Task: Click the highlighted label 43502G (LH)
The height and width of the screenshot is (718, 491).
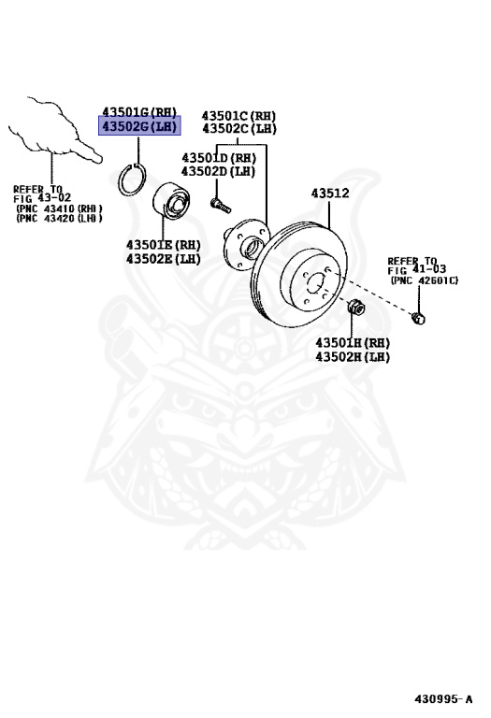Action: click(x=139, y=126)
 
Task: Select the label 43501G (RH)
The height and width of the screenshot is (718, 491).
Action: click(x=139, y=112)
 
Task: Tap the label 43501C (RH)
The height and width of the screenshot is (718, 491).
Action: click(x=238, y=115)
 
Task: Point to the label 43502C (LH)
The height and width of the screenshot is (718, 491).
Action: click(x=239, y=129)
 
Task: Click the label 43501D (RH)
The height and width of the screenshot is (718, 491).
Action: click(x=219, y=158)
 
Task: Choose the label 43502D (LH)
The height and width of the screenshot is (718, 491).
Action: click(x=218, y=171)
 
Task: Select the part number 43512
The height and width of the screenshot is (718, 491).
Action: click(x=330, y=194)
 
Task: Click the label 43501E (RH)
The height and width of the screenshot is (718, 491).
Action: click(x=164, y=245)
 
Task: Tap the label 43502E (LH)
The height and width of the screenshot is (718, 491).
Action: click(x=164, y=259)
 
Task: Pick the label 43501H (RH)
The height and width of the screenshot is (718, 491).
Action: click(x=353, y=342)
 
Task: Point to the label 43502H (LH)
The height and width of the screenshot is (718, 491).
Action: click(x=353, y=357)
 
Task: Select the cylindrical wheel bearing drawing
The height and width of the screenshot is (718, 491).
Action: click(x=172, y=205)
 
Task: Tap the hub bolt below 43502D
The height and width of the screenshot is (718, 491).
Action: click(x=221, y=205)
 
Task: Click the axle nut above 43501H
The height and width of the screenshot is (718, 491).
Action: click(x=355, y=307)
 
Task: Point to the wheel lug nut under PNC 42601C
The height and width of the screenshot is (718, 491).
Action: click(x=418, y=317)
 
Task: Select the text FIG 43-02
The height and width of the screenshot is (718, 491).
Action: click(x=42, y=198)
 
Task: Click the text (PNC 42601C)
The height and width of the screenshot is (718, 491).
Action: click(x=424, y=280)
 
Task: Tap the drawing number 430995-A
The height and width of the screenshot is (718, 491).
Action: click(x=443, y=698)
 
